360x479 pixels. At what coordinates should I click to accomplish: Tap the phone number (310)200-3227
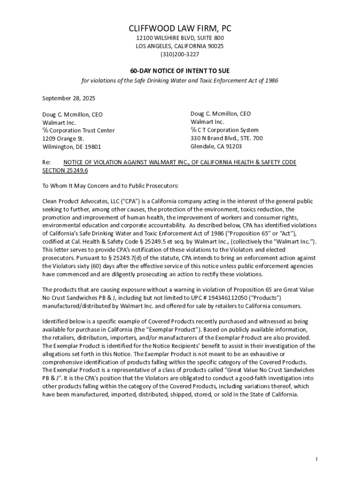coord(180,54)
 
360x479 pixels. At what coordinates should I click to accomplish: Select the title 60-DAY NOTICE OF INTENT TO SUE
coord(180,71)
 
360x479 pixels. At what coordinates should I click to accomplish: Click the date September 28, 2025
coord(68,98)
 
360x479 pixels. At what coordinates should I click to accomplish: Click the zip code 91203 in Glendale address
coord(233,146)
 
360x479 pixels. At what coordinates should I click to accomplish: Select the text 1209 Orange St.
coord(63,139)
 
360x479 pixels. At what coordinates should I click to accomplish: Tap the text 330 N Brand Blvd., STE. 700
coord(226,138)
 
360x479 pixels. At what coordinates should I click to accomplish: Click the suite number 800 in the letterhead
coord(218,38)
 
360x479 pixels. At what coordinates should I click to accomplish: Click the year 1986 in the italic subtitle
coord(270,80)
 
